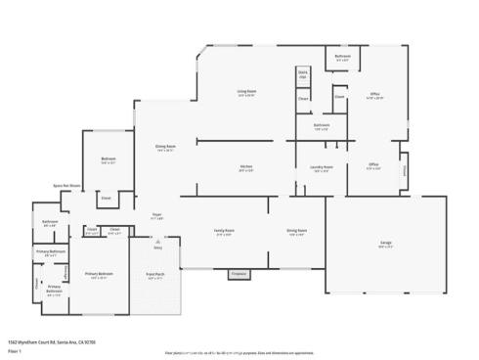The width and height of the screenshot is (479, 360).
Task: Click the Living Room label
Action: [245, 92]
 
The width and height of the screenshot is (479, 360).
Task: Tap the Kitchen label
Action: [246, 166]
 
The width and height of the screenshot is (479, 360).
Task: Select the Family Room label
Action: [224, 231]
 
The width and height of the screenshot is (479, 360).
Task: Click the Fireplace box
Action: [239, 275]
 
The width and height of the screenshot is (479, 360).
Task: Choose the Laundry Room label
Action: [322, 166]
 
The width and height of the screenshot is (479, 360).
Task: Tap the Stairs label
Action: [303, 73]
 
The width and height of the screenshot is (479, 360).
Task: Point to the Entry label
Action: [157, 247]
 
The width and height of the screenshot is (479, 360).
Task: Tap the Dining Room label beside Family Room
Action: [296, 231]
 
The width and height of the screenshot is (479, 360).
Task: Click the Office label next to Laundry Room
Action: [373, 164]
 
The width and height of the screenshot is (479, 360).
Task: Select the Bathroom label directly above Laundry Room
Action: [322, 126]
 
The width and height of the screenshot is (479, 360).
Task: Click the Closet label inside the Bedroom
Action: [106, 198]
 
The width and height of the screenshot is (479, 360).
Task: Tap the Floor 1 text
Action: [15, 350]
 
